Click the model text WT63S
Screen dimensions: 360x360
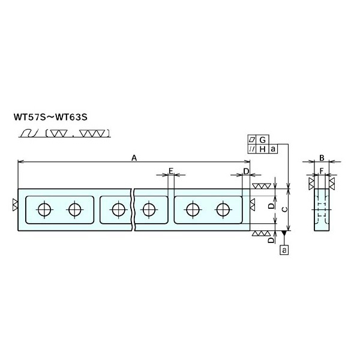[x=76, y=115]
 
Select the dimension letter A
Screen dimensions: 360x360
[x=134, y=158]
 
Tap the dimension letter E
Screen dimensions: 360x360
[x=170, y=172]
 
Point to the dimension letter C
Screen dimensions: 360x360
[x=284, y=208]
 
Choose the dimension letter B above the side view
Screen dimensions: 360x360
[x=322, y=158]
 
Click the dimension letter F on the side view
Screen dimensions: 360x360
[x=322, y=172]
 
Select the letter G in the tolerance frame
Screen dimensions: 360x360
[x=262, y=139]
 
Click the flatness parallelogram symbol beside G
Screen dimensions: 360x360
[x=252, y=139]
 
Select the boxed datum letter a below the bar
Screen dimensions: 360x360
[x=284, y=248]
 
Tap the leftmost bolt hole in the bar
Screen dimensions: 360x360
[x=43, y=209]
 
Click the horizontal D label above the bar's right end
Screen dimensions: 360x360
[x=246, y=172]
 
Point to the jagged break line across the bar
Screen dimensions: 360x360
[x=133, y=209]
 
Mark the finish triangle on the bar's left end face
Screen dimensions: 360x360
[x=14, y=205]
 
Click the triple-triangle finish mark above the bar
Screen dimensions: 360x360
[x=261, y=185]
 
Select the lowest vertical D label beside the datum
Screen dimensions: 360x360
[x=271, y=239]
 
